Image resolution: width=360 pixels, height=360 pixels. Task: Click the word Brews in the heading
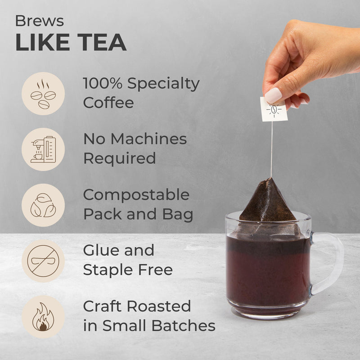click(40, 21)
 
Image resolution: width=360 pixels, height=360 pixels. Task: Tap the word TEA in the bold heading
click(102, 42)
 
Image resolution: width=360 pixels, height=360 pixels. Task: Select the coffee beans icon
click(43, 94)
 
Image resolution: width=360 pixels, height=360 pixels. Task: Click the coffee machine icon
click(43, 149)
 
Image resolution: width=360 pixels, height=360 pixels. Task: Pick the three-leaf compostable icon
click(43, 205)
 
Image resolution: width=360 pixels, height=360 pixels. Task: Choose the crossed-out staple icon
click(43, 261)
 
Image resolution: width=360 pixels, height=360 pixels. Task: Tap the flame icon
click(43, 317)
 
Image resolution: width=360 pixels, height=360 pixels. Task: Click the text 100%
click(103, 83)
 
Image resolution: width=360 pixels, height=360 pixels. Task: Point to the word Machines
click(149, 139)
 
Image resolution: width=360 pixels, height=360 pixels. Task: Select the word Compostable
click(136, 195)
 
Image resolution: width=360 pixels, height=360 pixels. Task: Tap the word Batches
click(184, 325)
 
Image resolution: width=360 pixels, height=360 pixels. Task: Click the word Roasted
click(159, 306)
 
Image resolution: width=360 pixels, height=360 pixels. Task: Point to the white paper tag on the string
click(274, 109)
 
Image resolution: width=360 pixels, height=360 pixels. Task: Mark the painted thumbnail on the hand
click(273, 95)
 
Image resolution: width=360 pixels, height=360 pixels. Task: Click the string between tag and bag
click(272, 149)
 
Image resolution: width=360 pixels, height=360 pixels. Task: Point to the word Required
click(120, 158)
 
